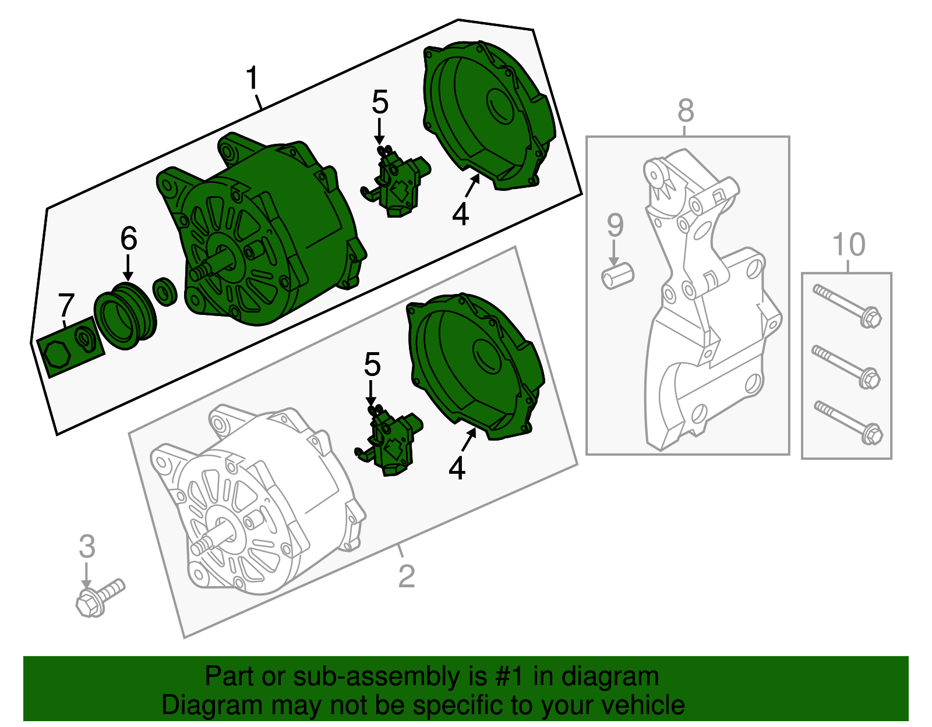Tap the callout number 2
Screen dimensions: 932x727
pyautogui.click(x=407, y=577)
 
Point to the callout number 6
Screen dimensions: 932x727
pyautogui.click(x=129, y=238)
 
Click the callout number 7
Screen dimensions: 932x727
pyautogui.click(x=66, y=304)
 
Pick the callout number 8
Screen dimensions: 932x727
pyautogui.click(x=686, y=111)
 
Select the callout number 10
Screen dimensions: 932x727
pyautogui.click(x=849, y=244)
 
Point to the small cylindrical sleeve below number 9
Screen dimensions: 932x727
pyautogui.click(x=617, y=275)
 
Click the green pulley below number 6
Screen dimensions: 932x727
pyautogui.click(x=125, y=315)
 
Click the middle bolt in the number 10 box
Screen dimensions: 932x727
pyautogui.click(x=846, y=367)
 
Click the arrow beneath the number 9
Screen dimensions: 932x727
pyautogui.click(x=614, y=253)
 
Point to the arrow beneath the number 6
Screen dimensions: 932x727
pyautogui.click(x=128, y=267)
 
